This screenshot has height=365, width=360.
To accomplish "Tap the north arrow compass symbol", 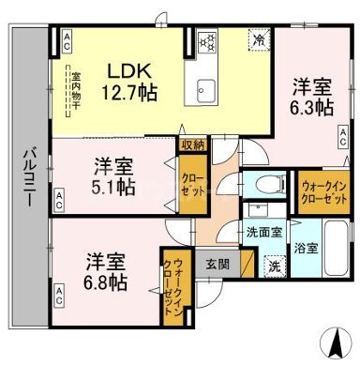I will tap(332, 339).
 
